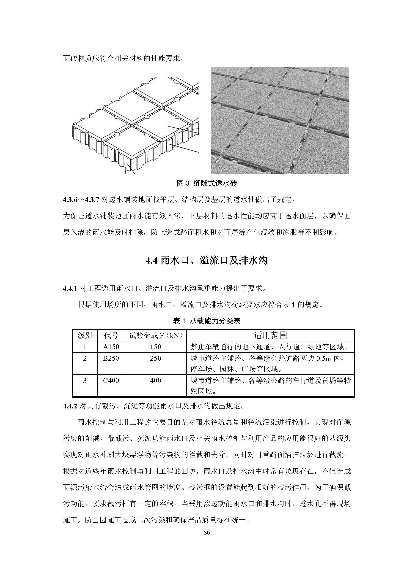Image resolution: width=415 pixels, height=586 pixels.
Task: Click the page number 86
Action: coord(207,532)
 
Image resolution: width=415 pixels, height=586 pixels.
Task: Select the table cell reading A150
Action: coord(111,347)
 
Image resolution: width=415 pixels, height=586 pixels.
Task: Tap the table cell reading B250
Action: coord(111,358)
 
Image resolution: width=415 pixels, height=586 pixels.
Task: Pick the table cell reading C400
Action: coord(111,381)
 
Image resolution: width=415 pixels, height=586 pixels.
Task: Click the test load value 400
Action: coord(155,381)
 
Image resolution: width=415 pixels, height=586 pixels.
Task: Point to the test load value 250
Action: coord(155,358)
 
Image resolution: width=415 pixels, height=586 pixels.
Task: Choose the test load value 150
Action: coord(155,347)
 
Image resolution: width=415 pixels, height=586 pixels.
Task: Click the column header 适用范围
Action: coord(270,335)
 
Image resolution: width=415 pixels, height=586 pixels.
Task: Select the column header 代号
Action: coord(111,335)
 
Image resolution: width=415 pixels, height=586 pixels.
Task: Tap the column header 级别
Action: coord(85,335)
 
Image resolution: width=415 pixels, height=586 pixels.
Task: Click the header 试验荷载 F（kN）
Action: coord(156,335)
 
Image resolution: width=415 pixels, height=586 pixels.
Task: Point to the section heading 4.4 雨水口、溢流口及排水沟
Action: coord(207,261)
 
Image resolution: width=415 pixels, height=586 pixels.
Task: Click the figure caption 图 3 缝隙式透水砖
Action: coord(207,183)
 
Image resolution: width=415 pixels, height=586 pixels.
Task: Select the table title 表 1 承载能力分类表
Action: coord(207,321)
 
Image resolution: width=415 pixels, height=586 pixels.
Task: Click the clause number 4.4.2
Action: coord(70,406)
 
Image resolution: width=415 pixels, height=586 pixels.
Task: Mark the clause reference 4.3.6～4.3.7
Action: coord(81,200)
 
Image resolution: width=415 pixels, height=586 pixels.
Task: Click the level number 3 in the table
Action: coord(85,381)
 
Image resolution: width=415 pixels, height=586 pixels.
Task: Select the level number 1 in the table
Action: coord(85,347)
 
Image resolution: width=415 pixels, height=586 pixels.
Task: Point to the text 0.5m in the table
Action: coord(324,359)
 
